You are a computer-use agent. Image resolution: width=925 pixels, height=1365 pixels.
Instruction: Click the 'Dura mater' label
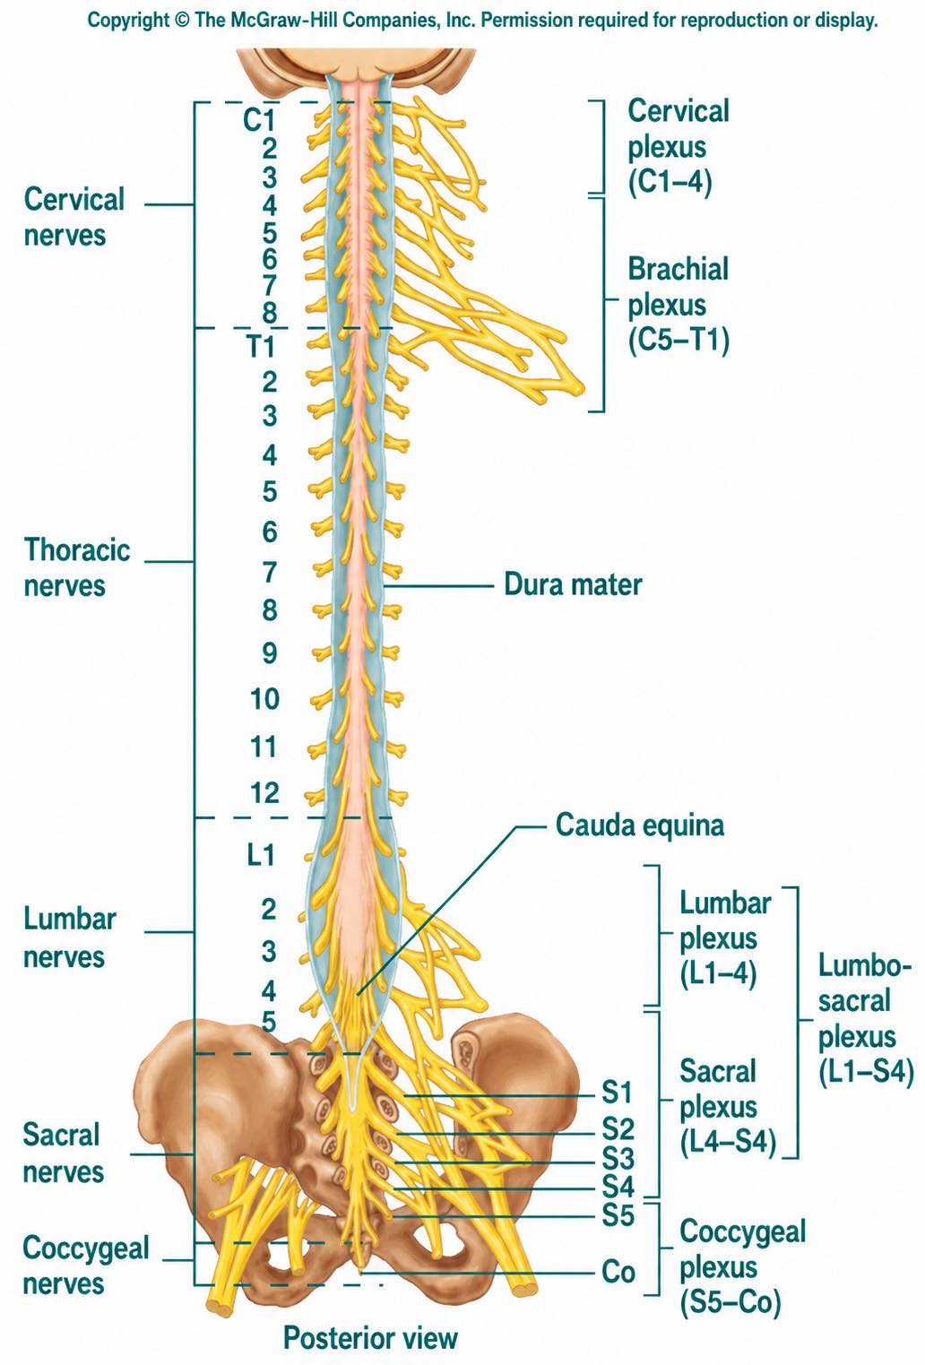pos(573,584)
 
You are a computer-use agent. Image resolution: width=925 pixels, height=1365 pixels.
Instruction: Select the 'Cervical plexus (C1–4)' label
pos(679,147)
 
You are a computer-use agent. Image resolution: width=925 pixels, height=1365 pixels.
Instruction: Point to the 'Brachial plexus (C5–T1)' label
pos(679,305)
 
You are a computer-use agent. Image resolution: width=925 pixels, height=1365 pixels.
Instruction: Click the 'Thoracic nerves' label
pos(77,567)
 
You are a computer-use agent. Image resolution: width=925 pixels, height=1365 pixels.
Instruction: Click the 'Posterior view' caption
pos(370,1338)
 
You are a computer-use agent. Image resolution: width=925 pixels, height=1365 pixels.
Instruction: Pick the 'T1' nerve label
pos(260,347)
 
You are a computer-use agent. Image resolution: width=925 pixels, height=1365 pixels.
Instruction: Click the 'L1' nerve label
pos(260,855)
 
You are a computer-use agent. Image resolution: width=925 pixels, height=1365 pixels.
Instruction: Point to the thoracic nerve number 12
pos(264,793)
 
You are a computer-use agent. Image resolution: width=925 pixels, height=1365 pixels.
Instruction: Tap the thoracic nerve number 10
pos(264,699)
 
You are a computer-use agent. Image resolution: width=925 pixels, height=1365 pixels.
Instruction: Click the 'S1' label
pos(618,1092)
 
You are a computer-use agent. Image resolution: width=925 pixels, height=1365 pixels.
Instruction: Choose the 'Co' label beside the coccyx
pos(618,1272)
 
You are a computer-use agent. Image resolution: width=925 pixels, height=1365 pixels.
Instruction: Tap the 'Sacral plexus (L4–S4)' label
pos(728,1106)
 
